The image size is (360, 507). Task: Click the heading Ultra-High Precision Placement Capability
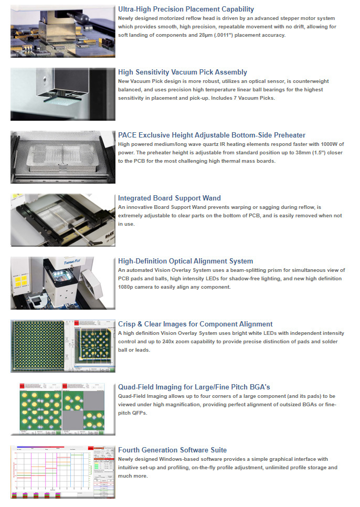(x=186, y=9)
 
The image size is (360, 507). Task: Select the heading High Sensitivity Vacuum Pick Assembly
(x=183, y=72)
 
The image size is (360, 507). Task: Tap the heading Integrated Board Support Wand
(x=170, y=198)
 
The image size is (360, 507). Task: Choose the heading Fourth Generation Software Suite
(x=172, y=450)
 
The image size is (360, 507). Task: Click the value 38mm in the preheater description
(x=303, y=152)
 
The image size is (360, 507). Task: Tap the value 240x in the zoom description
(x=168, y=342)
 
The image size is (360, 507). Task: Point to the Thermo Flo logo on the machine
(x=72, y=261)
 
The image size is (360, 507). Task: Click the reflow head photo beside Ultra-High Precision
(x=62, y=31)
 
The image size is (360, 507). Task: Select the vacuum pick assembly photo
(x=62, y=94)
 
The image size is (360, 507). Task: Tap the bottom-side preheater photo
(x=62, y=157)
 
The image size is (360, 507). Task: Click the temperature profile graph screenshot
(x=62, y=472)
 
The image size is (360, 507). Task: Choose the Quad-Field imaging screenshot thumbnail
(x=62, y=409)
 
